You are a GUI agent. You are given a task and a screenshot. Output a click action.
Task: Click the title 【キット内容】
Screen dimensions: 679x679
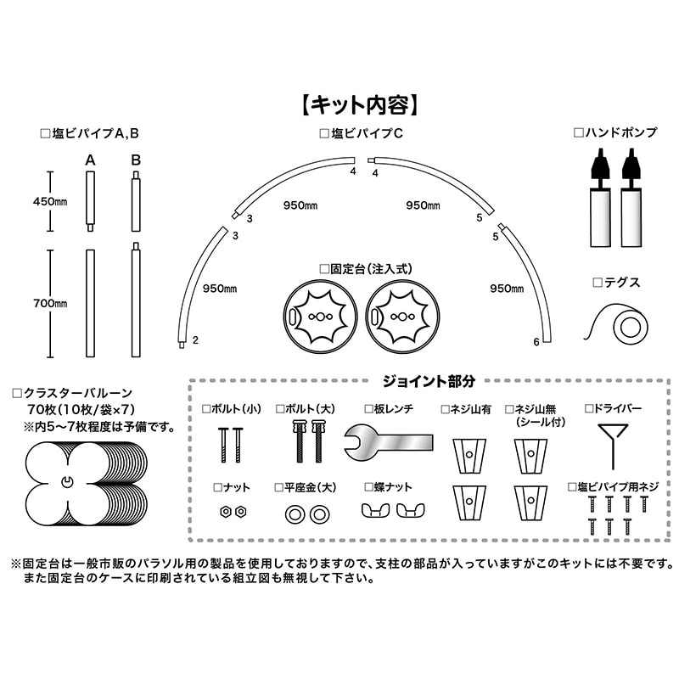click(357, 104)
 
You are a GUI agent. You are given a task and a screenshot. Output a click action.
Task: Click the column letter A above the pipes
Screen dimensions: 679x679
click(90, 159)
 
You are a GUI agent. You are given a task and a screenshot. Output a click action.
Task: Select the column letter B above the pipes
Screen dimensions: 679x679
click(135, 159)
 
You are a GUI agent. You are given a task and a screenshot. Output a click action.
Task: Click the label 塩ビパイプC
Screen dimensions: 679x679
click(361, 133)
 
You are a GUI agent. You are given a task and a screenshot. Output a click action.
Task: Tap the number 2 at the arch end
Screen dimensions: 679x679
click(195, 340)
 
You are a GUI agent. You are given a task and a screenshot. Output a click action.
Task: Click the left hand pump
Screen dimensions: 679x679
click(599, 195)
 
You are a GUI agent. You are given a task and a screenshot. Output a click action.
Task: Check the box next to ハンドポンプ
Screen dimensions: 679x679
click(579, 133)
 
